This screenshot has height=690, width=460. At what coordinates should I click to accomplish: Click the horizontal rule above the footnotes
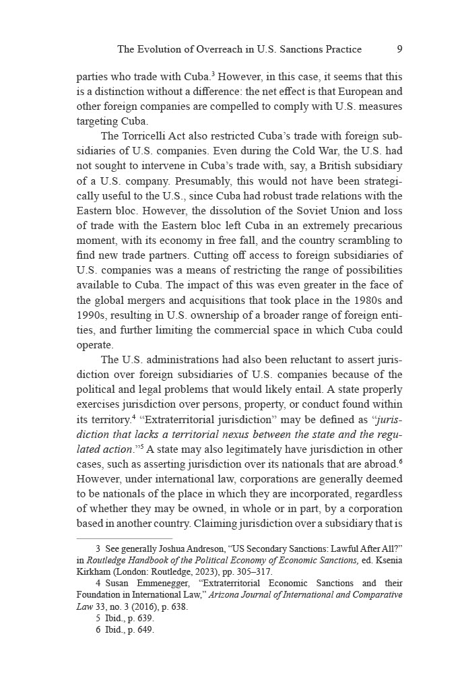tap(125, 538)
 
